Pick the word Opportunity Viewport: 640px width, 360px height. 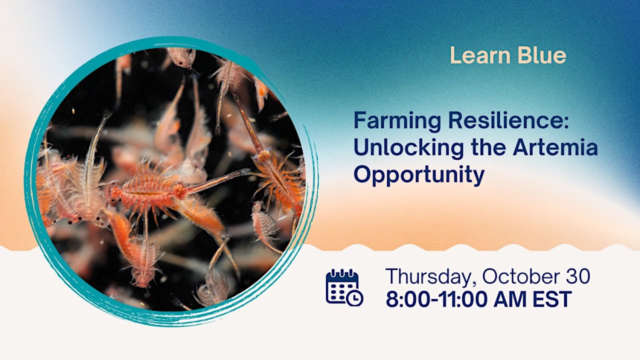(x=419, y=175)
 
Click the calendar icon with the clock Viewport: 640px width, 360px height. (x=343, y=287)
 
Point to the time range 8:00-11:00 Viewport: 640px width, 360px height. (x=437, y=299)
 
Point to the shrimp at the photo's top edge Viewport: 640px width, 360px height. (x=181, y=56)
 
